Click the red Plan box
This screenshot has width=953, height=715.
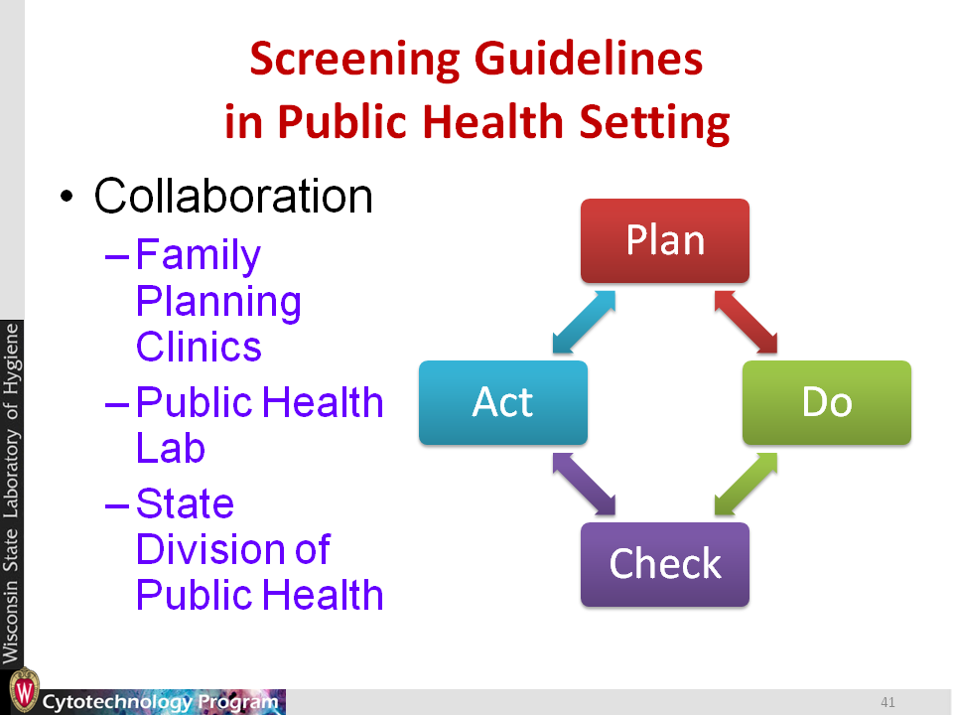point(665,240)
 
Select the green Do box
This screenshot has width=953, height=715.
point(827,402)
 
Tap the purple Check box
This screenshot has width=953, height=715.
point(665,564)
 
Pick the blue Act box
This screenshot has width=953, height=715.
point(503,402)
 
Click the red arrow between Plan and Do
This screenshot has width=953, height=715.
point(746,322)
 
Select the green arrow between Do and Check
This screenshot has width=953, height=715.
point(746,484)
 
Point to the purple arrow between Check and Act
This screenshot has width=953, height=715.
point(584,484)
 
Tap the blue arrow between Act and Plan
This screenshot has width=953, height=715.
point(584,322)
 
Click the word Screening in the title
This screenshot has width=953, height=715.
point(355,60)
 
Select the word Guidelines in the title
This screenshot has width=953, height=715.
point(589,59)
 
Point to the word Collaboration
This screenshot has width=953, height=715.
point(233,196)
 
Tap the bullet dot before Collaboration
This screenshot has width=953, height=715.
point(67,197)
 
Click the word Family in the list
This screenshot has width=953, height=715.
point(199,255)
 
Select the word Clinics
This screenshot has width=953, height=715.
point(199,347)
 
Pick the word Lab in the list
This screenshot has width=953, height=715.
point(171,448)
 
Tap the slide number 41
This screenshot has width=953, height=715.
point(887,702)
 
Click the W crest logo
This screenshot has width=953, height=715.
point(24,690)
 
